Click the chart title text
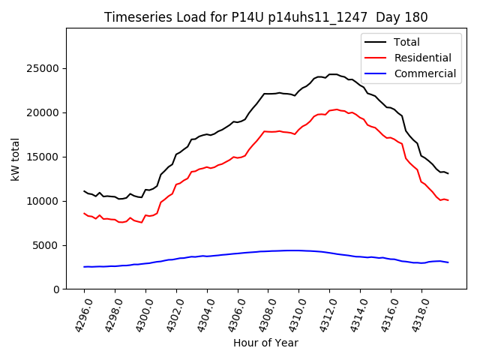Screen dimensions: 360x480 (265, 17)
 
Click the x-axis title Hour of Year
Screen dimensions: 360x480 (265, 343)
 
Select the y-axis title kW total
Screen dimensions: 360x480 (15, 158)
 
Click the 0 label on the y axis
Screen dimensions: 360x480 (56, 289)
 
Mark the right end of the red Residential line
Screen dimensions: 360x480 (448, 200)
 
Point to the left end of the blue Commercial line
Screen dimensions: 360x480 (84, 267)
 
